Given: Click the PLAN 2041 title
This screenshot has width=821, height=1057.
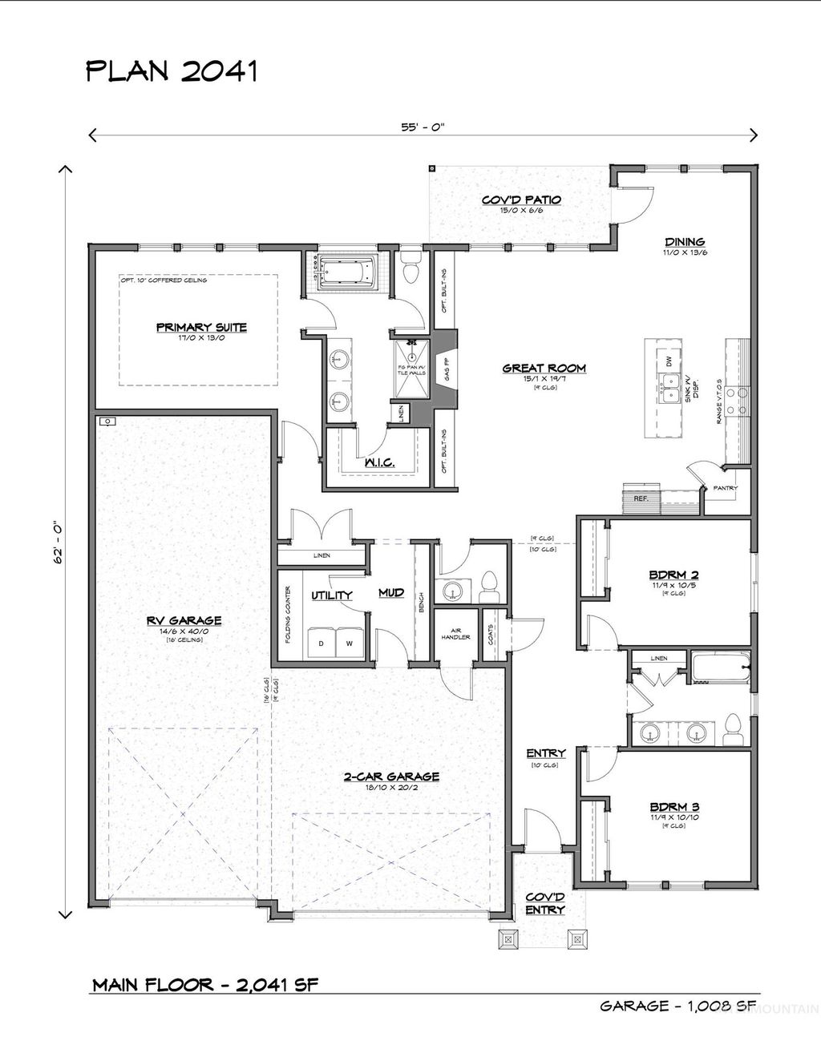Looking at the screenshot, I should coord(171,72).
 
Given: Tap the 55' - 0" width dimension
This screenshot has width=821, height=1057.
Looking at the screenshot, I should coord(423,126).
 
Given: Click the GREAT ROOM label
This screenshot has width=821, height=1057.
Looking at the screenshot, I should coord(544,369).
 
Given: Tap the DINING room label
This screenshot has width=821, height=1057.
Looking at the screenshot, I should coord(684,241).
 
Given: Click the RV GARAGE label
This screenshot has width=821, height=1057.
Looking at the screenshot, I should coord(184,619).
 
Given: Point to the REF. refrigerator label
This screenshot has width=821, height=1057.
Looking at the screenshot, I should coord(640,498).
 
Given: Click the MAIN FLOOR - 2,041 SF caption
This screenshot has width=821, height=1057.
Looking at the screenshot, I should coord(205,984).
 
